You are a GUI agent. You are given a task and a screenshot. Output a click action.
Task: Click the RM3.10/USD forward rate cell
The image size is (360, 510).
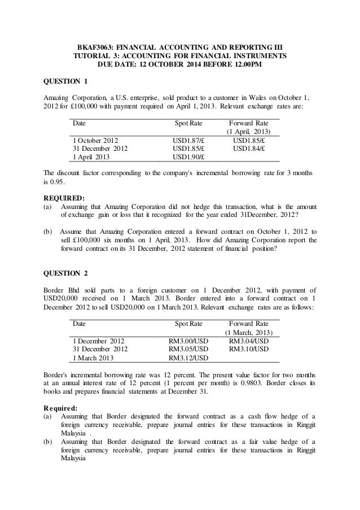(x=249, y=350)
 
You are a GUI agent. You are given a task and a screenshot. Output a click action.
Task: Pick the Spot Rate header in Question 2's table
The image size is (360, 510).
(x=188, y=324)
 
